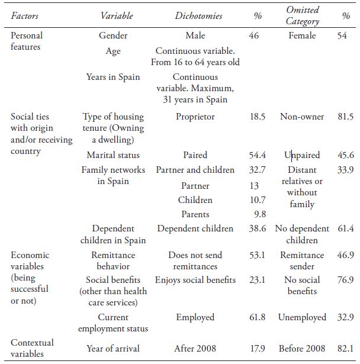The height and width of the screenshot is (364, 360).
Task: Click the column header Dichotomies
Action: [x=198, y=16]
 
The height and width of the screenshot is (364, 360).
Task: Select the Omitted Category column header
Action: [x=302, y=16]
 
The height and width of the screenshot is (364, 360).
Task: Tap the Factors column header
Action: [x=25, y=16]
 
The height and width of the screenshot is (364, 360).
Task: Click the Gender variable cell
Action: [x=113, y=36]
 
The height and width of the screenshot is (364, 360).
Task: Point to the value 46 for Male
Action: [x=254, y=36]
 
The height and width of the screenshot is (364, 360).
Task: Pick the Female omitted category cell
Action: [x=302, y=36]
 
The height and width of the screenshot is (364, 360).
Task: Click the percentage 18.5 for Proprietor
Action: [x=257, y=117]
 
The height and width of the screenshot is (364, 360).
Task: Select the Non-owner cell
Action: [x=302, y=117]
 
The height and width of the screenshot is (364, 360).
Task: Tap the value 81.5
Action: [x=345, y=117]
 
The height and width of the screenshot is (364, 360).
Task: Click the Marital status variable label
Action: [x=113, y=155]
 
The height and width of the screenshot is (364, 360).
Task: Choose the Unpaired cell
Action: [x=302, y=155]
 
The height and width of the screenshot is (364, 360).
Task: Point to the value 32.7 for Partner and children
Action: [x=257, y=170]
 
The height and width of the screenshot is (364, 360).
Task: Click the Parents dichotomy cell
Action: [x=195, y=214]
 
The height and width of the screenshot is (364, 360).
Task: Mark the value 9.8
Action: [x=259, y=214]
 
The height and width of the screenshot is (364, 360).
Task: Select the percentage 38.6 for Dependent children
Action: [x=257, y=228]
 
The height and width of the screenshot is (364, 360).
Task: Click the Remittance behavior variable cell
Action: [x=113, y=261]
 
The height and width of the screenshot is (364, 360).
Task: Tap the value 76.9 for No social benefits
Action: [x=345, y=280]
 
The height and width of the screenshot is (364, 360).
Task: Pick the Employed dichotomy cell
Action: [x=195, y=317]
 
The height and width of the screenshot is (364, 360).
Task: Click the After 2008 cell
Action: [x=195, y=349]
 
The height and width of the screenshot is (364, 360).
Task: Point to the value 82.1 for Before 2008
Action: [x=345, y=349]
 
